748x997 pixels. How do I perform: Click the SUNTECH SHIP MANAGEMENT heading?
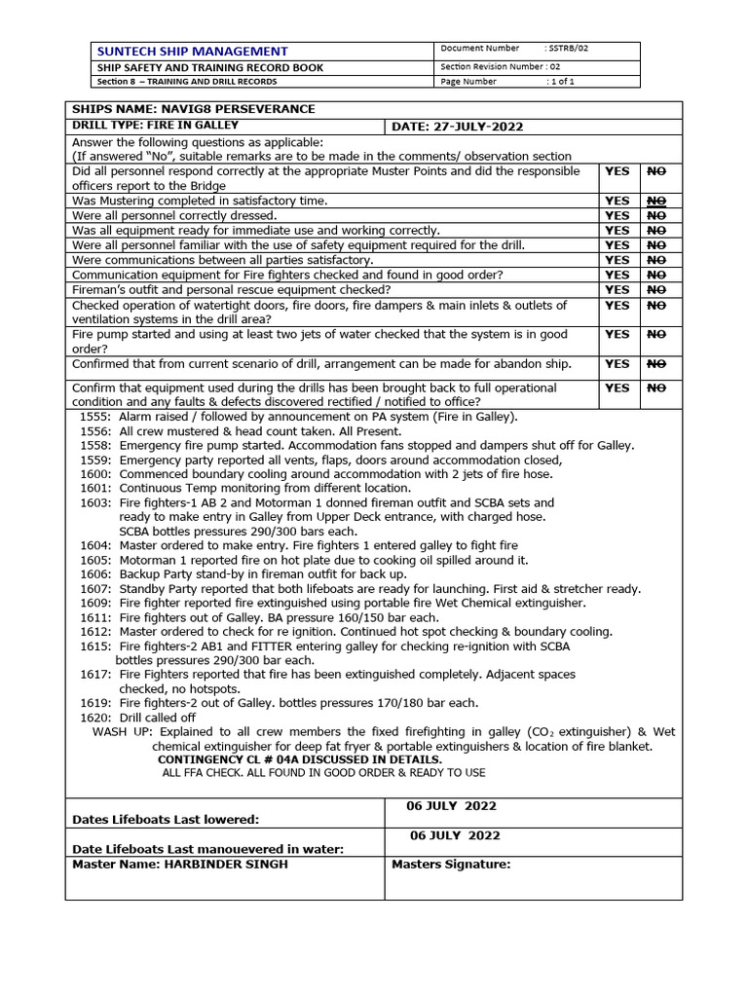(191, 51)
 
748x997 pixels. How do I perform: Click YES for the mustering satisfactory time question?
(617, 201)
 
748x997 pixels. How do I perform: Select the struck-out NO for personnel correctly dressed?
(656, 215)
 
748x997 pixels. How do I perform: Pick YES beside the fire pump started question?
(617, 334)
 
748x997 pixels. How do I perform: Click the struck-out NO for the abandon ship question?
(656, 363)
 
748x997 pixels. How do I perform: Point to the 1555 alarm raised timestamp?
(95, 416)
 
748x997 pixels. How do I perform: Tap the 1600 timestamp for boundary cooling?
(95, 474)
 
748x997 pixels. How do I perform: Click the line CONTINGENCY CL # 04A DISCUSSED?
(299, 759)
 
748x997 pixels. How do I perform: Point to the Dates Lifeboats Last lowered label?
(166, 820)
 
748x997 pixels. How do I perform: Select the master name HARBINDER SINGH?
(226, 864)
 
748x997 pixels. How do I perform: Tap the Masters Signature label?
(450, 864)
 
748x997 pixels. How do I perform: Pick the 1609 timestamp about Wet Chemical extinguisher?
(95, 603)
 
